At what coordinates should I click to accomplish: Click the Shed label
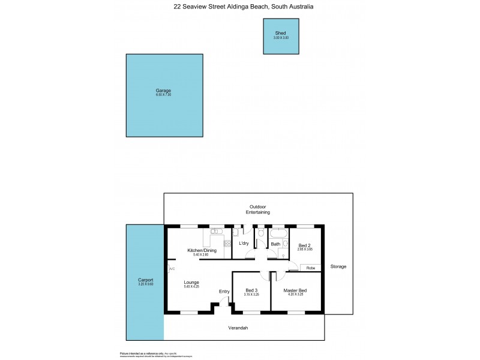pos(280,33)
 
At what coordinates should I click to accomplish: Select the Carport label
pos(145,280)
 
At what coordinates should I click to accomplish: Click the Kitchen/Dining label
pos(202,250)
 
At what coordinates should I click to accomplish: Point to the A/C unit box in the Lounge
pos(172,268)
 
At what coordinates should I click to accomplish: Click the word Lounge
pos(192,282)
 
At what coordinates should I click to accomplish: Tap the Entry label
pos(224,292)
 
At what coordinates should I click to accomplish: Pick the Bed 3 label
pos(251,290)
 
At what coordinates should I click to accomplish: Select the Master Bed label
pos(295,290)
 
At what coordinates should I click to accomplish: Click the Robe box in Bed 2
pos(310,268)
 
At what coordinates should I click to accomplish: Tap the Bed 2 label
pos(304,245)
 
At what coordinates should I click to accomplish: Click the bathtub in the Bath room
pos(278,232)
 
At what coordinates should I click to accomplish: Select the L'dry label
pos(244,244)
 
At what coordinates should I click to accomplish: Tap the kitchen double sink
pos(217,231)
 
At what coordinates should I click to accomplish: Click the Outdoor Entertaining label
pos(258,209)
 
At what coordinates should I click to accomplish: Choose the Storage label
pos(338,266)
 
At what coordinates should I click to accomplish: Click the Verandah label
pos(238,328)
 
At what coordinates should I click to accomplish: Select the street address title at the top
pos(243,7)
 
